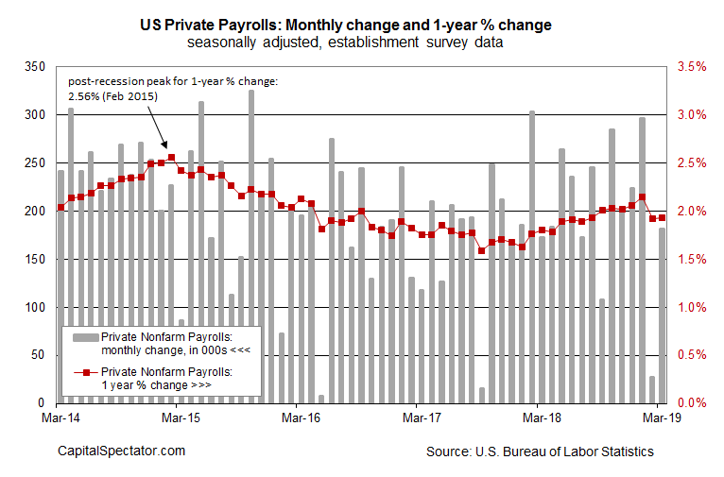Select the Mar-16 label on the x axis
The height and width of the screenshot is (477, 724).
pyautogui.click(x=298, y=414)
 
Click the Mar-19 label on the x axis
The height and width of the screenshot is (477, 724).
pyautogui.click(x=660, y=414)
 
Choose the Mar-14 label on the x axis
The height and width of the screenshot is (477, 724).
pyautogui.click(x=59, y=414)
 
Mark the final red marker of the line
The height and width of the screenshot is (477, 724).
pyautogui.click(x=662, y=217)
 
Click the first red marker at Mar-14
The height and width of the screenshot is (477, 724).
pyautogui.click(x=61, y=207)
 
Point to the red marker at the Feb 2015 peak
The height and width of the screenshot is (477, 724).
pyautogui.click(x=171, y=158)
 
